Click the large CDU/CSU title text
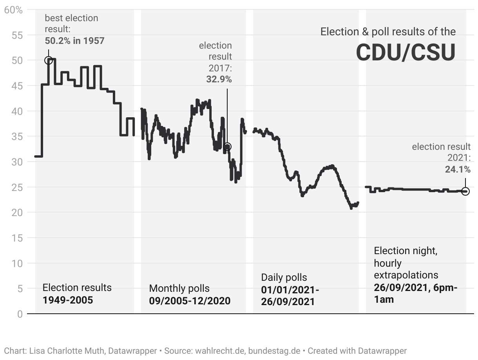pyautogui.click(x=406, y=53)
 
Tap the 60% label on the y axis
pyautogui.click(x=13, y=10)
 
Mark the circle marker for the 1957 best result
pyautogui.click(x=49, y=60)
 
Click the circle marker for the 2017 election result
pyautogui.click(x=227, y=147)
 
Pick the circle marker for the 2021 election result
pyautogui.click(x=465, y=191)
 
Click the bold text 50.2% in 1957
pyautogui.click(x=74, y=40)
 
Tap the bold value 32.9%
pyautogui.click(x=219, y=79)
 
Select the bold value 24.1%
pyautogui.click(x=458, y=169)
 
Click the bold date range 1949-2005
pyautogui.click(x=68, y=300)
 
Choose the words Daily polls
pyautogui.click(x=284, y=278)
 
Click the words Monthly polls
pyautogui.click(x=179, y=289)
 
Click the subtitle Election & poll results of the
pyautogui.click(x=388, y=32)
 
